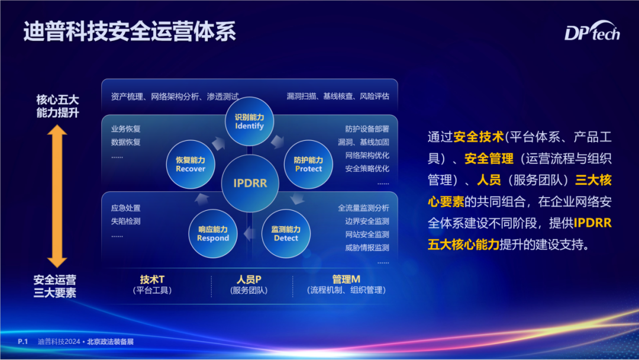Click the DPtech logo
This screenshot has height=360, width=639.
[592, 31]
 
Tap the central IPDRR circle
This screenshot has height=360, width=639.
[250, 183]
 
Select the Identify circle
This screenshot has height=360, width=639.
[250, 121]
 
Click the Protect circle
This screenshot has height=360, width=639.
[308, 164]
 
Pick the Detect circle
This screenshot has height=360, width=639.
[286, 234]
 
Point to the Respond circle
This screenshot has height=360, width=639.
[213, 234]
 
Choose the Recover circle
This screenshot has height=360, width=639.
[191, 164]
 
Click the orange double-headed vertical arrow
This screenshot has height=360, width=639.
[57, 196]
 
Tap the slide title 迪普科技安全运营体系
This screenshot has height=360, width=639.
[130, 31]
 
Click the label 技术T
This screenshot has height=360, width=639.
[153, 279]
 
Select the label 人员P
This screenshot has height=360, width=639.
[249, 279]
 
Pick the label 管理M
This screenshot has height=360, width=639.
[346, 279]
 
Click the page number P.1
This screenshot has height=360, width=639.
[23, 342]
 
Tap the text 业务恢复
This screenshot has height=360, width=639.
[126, 129]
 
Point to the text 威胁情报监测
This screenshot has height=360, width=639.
[367, 247]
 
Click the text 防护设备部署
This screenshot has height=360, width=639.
[367, 129]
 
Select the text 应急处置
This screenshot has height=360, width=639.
[126, 208]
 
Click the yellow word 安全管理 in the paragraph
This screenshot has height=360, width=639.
[489, 159]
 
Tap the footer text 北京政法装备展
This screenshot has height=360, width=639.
[111, 342]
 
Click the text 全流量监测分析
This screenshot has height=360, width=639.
[363, 208]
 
